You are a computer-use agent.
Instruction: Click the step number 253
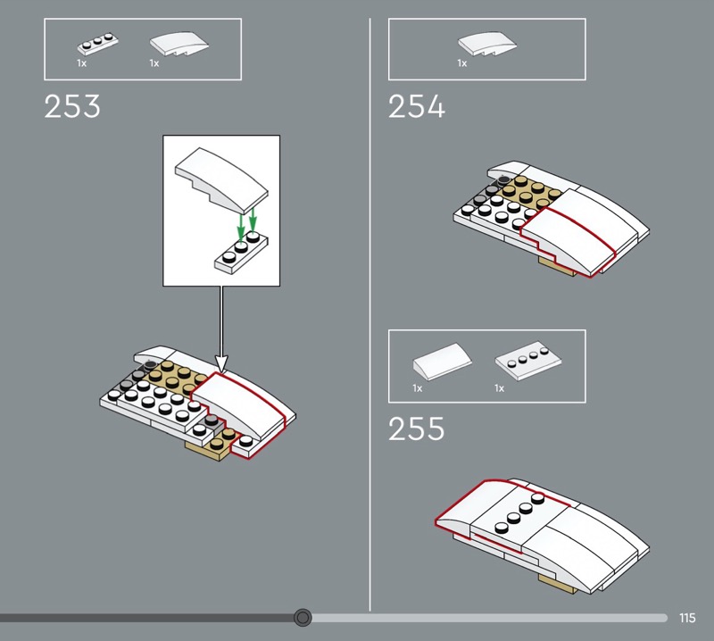[x=72, y=106]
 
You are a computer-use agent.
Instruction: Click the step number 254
[x=416, y=106]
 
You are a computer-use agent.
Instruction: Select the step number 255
[x=416, y=429]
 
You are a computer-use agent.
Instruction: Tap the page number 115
[x=687, y=618]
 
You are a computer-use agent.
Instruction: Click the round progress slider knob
[x=303, y=618]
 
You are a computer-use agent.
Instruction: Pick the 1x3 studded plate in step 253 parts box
[x=97, y=44]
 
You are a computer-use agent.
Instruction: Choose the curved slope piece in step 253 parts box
[x=179, y=44]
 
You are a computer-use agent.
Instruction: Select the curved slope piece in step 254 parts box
[x=487, y=44]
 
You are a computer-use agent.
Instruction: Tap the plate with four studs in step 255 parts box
[x=528, y=361]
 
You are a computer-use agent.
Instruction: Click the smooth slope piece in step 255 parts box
[x=442, y=362]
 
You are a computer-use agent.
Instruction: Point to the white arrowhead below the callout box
[x=221, y=363]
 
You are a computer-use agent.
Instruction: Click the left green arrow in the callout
[x=241, y=227]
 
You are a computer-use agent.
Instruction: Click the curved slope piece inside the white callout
[x=221, y=181]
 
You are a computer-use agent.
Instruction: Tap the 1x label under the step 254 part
[x=462, y=63]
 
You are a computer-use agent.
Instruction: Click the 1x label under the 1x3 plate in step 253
[x=81, y=63]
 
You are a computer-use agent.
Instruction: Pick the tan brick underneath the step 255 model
[x=556, y=583]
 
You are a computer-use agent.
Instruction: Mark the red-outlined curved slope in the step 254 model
[x=569, y=240]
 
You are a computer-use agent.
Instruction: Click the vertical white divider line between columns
[x=369, y=314]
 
